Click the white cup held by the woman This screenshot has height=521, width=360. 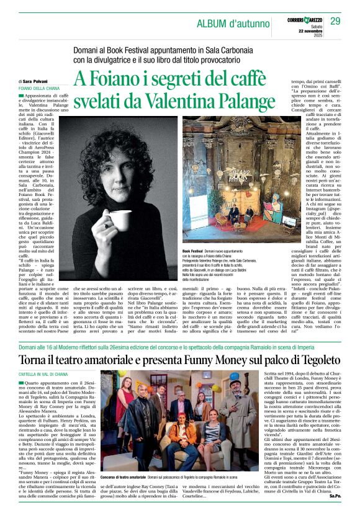(122, 221)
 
